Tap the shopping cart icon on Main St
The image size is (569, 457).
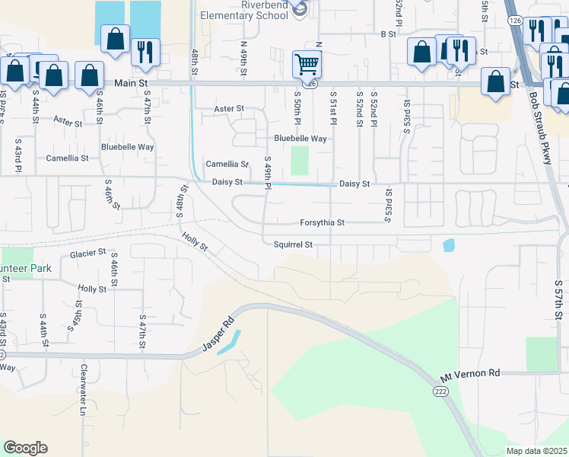pyautogui.click(x=307, y=63)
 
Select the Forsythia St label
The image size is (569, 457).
pyautogui.click(x=320, y=223)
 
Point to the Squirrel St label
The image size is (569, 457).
pyautogui.click(x=294, y=244)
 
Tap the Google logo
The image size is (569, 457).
pyautogui.click(x=25, y=448)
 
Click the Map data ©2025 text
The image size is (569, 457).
pyautogui.click(x=536, y=451)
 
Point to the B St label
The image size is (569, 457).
pyautogui.click(x=389, y=34)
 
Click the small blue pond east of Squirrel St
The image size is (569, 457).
pyautogui.click(x=449, y=245)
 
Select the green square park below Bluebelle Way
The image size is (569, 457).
pyautogui.click(x=300, y=160)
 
